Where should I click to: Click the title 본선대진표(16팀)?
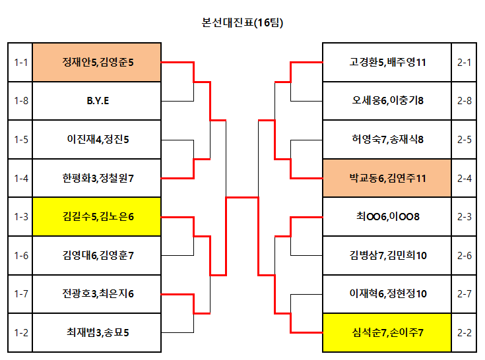[242, 22]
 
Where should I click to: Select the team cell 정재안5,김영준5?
[97, 63]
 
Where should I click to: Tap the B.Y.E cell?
[97, 101]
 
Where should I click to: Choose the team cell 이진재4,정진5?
[97, 139]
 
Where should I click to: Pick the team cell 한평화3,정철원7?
[97, 177]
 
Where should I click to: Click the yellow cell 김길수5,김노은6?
[97, 216]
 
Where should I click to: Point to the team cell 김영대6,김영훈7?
[97, 255]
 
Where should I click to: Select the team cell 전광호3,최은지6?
[97, 293]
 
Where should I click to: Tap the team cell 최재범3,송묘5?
[97, 332]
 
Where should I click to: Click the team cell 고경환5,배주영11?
[387, 63]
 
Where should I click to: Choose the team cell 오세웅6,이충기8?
[387, 101]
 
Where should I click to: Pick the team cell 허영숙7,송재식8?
[387, 139]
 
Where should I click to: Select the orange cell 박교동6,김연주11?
[387, 177]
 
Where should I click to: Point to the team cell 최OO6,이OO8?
[387, 216]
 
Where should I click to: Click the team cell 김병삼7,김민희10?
[387, 255]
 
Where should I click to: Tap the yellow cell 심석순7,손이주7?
[387, 332]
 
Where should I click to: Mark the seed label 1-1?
[20, 63]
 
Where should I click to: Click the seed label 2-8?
[464, 101]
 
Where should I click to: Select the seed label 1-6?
[20, 255]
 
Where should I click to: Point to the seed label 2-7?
[464, 293]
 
